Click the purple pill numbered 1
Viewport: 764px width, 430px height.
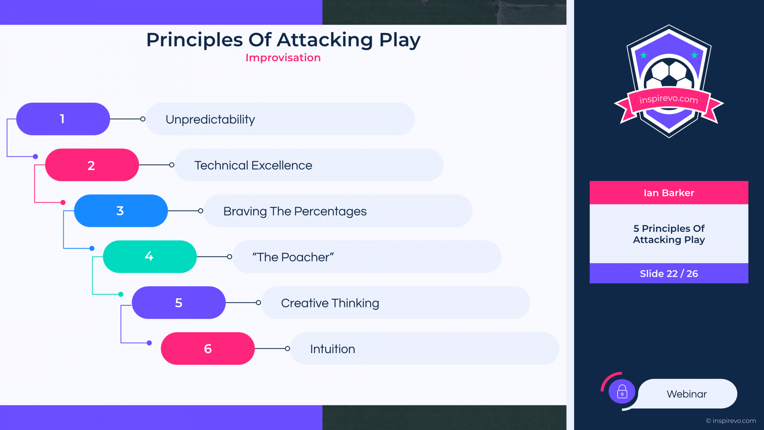click(x=63, y=119)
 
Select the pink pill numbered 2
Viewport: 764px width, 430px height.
click(x=92, y=165)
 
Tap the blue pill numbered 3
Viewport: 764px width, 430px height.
click(x=121, y=211)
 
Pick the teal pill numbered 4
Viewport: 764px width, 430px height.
click(x=150, y=256)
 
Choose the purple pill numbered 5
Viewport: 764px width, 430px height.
click(x=179, y=303)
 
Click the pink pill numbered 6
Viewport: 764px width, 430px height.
click(x=208, y=348)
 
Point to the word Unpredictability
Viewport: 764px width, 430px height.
click(x=210, y=119)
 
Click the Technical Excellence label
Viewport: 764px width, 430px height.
click(x=253, y=165)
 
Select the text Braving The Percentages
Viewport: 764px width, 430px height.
click(x=295, y=211)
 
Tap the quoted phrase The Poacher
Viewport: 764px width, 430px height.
click(x=293, y=257)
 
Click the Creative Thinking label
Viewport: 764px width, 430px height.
click(x=330, y=303)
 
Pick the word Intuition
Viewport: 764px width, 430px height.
click(x=333, y=349)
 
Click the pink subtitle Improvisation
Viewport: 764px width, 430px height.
click(x=283, y=58)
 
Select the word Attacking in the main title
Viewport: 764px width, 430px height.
click(x=325, y=40)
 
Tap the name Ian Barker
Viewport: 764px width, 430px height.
click(x=669, y=193)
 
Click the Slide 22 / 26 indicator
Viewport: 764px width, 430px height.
click(x=669, y=274)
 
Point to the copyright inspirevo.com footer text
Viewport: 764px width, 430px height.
click(x=731, y=421)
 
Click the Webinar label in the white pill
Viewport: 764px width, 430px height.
click(x=687, y=394)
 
